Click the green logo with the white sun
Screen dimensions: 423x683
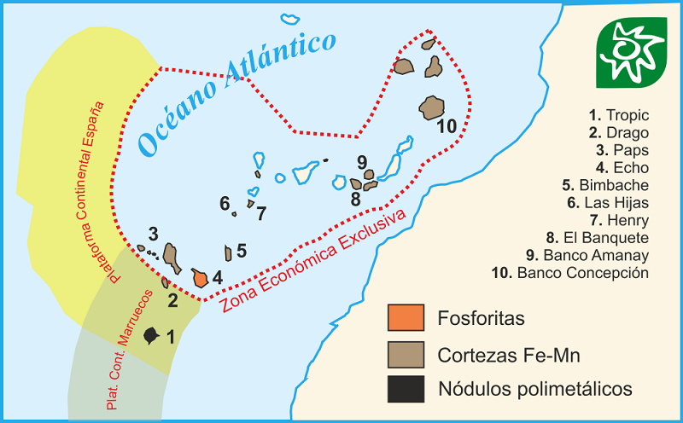(633, 51)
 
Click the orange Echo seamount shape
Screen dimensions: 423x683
(201, 278)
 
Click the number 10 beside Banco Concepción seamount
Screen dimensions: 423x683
(447, 127)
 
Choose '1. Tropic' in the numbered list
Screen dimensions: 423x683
(619, 114)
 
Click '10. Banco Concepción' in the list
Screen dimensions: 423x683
(582, 273)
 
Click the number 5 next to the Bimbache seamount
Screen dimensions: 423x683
(242, 251)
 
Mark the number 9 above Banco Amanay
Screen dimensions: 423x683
(362, 161)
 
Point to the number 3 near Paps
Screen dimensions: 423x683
(153, 234)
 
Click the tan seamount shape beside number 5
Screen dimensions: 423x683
(228, 253)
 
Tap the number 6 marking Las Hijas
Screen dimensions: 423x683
(225, 203)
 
